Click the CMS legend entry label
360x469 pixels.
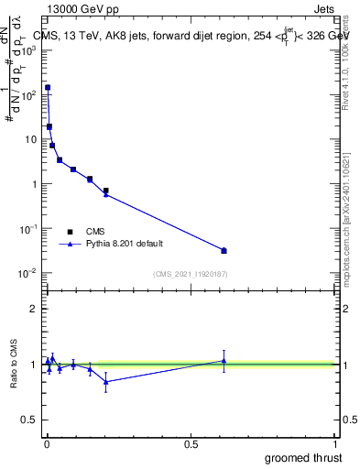point(96,232)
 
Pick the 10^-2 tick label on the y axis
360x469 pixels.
point(27,273)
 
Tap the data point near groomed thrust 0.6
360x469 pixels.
point(224,250)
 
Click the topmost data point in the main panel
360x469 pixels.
point(48,88)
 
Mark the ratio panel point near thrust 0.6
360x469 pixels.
point(224,360)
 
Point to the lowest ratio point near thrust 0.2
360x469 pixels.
point(106,381)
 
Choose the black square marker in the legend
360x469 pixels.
point(71,232)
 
